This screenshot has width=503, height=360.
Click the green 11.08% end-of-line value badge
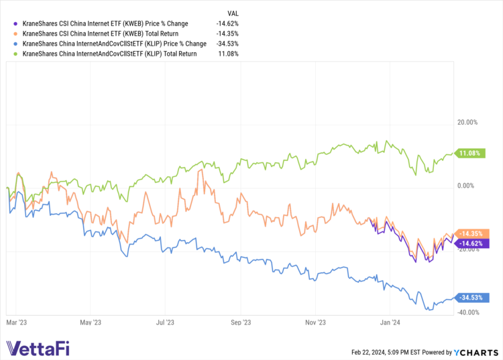click(469, 154)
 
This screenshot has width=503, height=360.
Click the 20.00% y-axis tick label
click(467, 123)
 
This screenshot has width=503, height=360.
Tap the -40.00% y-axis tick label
click(467, 312)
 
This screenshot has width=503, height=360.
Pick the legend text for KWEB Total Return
click(104, 34)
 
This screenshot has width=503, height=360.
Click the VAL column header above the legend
click(233, 12)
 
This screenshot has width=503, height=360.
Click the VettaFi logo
click(38, 349)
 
